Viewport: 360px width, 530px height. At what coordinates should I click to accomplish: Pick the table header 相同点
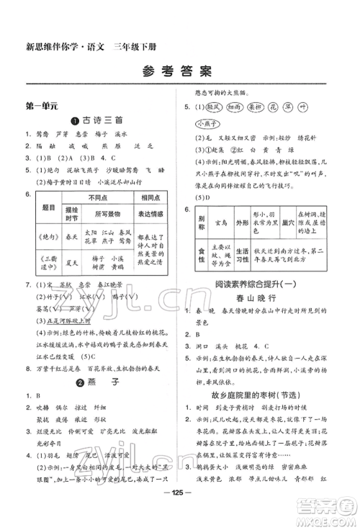154,196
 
